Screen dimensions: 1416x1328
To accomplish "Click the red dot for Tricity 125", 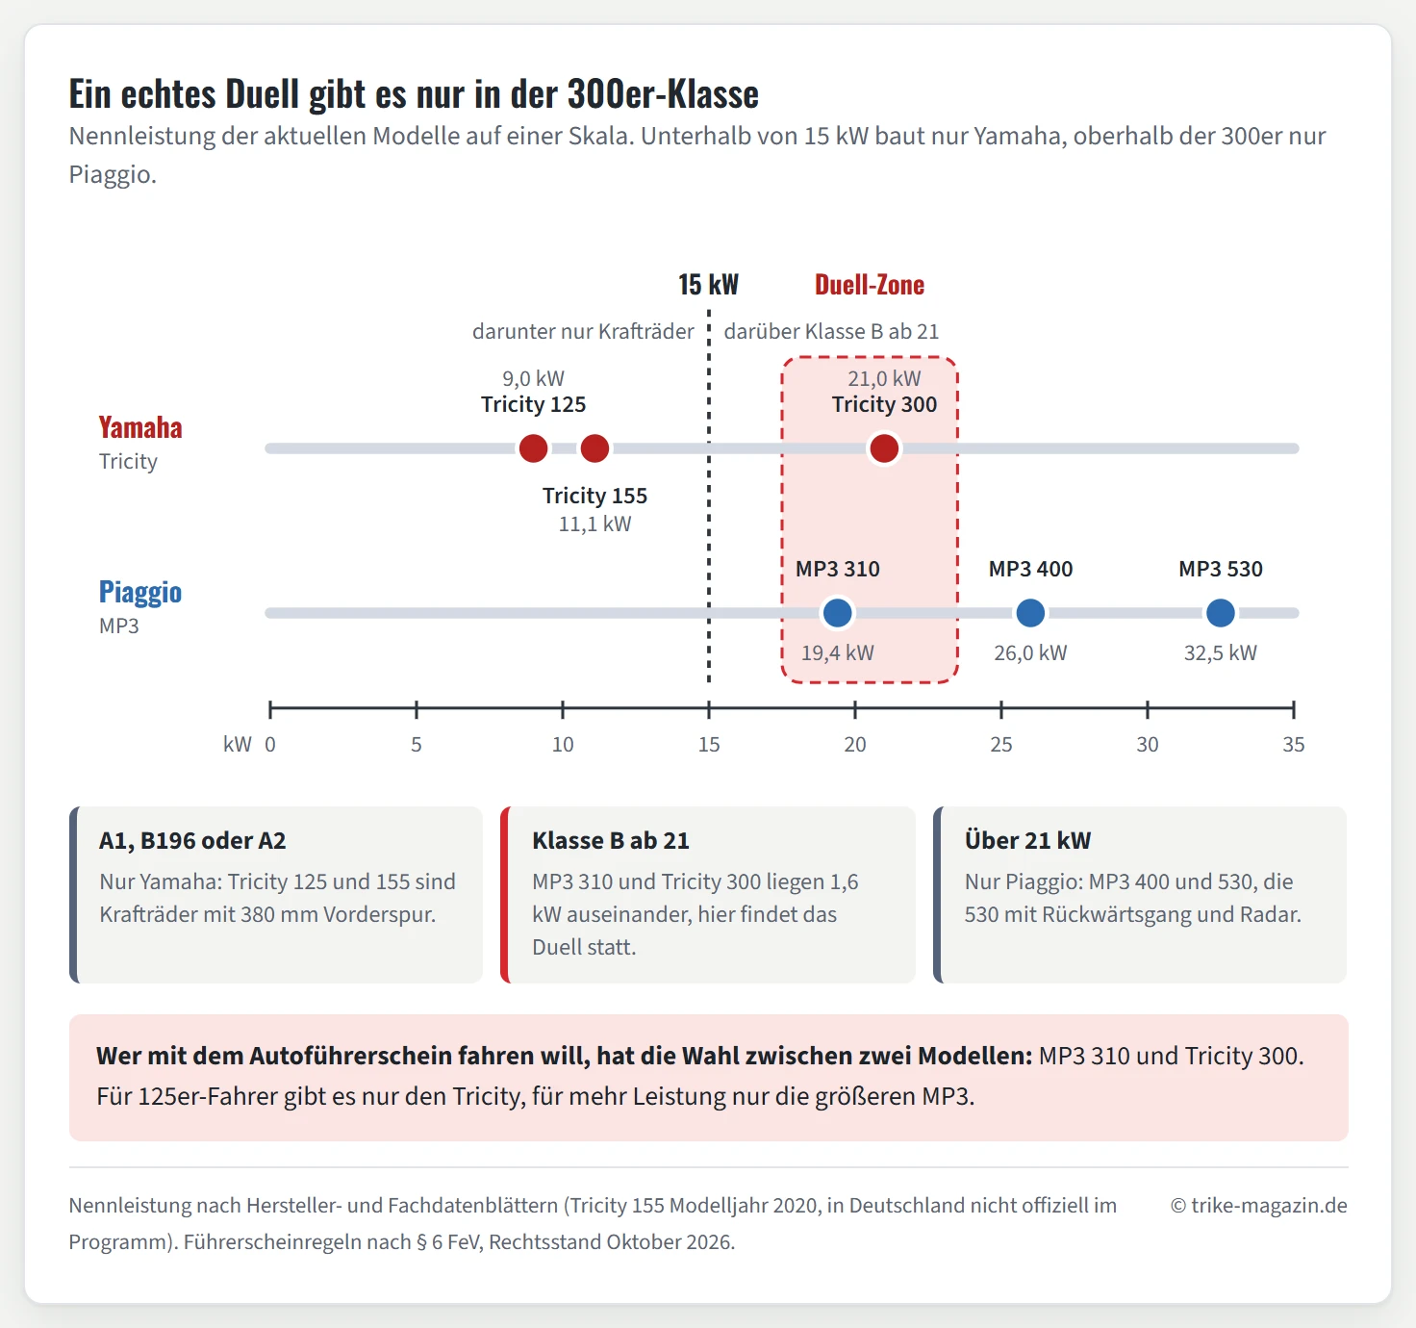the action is coord(533,448).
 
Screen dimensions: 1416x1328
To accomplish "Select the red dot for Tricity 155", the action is coord(594,448).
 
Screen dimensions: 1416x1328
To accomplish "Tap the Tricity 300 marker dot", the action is coord(884,448).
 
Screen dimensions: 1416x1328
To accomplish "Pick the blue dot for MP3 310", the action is coord(837,612).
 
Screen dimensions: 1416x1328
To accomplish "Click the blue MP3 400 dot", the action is coord(1030,612).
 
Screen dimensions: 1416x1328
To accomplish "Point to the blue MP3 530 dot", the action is coord(1221,612).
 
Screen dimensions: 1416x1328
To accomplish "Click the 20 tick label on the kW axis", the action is coord(855,744).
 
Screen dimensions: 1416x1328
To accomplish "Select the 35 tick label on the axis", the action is coord(1294,744).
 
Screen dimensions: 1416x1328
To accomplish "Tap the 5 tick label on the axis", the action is coord(417,744).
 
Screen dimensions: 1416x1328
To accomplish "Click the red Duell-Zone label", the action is coord(870,285).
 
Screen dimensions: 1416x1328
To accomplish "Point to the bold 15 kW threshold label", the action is coord(708,285).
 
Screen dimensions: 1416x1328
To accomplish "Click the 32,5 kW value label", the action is coord(1221,652).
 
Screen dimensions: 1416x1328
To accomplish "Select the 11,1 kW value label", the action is coord(594,524).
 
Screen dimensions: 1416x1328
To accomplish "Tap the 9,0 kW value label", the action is coord(533,378).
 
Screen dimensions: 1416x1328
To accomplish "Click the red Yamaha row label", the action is coord(140,427).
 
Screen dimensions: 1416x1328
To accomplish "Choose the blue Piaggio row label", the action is coord(140,592).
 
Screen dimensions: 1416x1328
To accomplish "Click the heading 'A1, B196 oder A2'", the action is coord(192,841).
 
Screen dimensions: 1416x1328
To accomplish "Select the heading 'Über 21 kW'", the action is coord(1027,840).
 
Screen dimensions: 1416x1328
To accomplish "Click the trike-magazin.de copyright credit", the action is coord(1259,1205).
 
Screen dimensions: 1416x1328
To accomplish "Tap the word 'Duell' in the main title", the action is coord(262,93).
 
